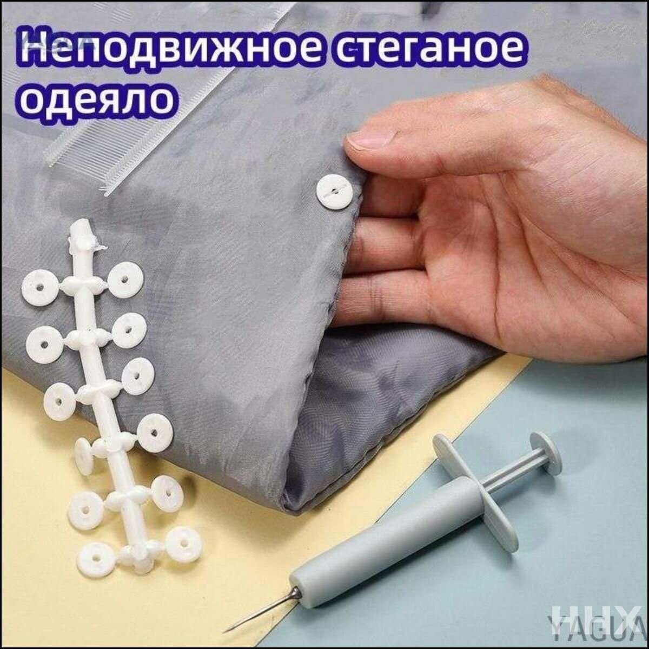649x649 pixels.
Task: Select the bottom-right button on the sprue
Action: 184,544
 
